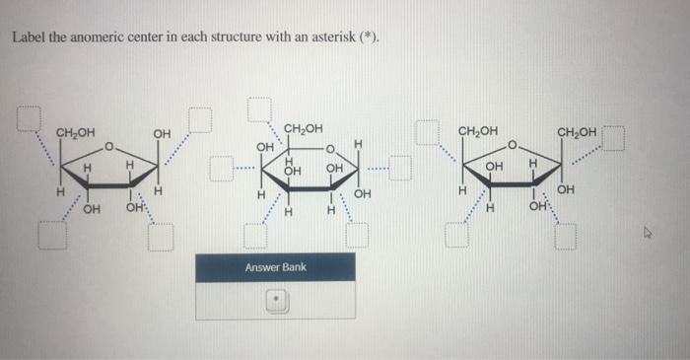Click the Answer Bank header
coord(275,267)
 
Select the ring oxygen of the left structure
coord(110,149)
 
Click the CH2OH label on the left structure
coord(75,133)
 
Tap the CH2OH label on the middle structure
coord(303,128)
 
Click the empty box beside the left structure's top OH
coord(200,117)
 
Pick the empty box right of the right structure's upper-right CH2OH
coord(615,137)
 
